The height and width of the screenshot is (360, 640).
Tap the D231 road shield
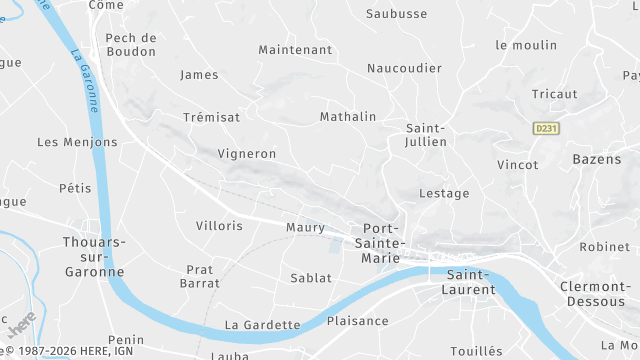pos(545,128)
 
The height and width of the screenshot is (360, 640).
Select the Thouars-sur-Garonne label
pos(94,256)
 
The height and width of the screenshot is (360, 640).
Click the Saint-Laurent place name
pos(471,282)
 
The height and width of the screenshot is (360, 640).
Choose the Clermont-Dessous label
pos(593,294)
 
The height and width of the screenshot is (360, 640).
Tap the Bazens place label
pos(597,159)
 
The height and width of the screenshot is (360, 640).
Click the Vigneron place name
pos(246,154)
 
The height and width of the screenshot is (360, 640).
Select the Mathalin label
pos(348,117)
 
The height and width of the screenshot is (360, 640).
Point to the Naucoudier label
pos(404,68)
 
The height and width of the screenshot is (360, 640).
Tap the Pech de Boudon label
pos(131,44)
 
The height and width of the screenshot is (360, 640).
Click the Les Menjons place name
pos(77,142)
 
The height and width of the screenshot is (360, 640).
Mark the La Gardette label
pos(263,324)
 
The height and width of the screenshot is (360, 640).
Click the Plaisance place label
pos(357,321)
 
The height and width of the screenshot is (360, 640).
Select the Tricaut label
pos(555,94)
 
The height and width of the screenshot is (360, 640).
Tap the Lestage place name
pos(444,193)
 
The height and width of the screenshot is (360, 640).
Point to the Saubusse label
pos(397,14)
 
